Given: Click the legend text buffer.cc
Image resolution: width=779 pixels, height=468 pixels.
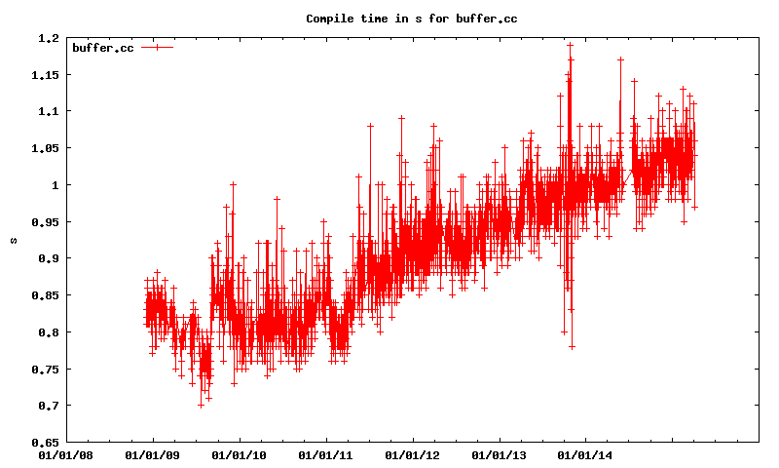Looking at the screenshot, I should point(103,48).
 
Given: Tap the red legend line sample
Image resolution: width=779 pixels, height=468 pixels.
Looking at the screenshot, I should point(157,48).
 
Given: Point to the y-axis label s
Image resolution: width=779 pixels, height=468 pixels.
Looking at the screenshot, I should point(13,240).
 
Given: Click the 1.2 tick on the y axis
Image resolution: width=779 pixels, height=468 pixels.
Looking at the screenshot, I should point(49,38).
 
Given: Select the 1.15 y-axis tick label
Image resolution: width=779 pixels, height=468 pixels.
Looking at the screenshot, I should point(45,75).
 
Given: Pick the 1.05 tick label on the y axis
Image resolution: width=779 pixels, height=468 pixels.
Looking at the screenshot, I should point(45,148).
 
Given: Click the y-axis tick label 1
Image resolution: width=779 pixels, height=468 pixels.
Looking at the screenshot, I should point(56,185).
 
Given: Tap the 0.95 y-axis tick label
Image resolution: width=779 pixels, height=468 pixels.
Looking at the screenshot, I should point(45,222).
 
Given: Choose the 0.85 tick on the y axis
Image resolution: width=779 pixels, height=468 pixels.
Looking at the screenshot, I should point(45,295).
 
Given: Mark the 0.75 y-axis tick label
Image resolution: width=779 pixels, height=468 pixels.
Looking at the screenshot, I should point(45,370).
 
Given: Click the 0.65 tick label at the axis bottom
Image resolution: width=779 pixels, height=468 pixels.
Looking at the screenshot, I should point(45,443).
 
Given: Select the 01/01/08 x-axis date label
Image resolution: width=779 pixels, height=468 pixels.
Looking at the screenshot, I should point(66,454).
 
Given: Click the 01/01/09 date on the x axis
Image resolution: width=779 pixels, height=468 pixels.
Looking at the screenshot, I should point(153,454).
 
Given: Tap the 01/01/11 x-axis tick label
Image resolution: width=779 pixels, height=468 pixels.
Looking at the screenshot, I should point(326,454).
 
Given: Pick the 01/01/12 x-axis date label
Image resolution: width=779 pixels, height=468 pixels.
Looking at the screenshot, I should point(413,454).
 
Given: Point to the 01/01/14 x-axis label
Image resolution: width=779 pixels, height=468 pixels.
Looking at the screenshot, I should point(585,454).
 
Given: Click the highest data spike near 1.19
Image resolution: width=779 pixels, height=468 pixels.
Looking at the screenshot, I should point(571,45).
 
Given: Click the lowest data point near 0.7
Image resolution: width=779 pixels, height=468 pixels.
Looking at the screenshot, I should point(202,405).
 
